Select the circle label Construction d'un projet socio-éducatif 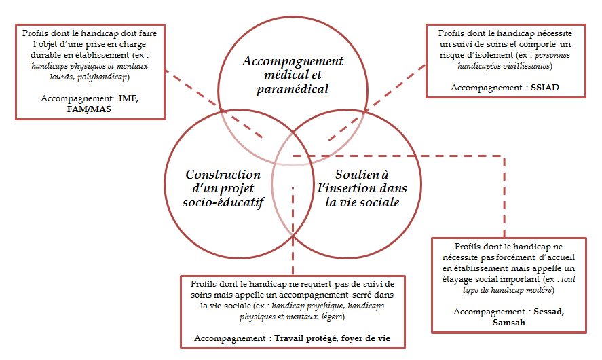(x=224, y=188)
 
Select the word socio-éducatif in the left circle (x=224, y=202)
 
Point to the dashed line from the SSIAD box (x=380, y=102)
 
